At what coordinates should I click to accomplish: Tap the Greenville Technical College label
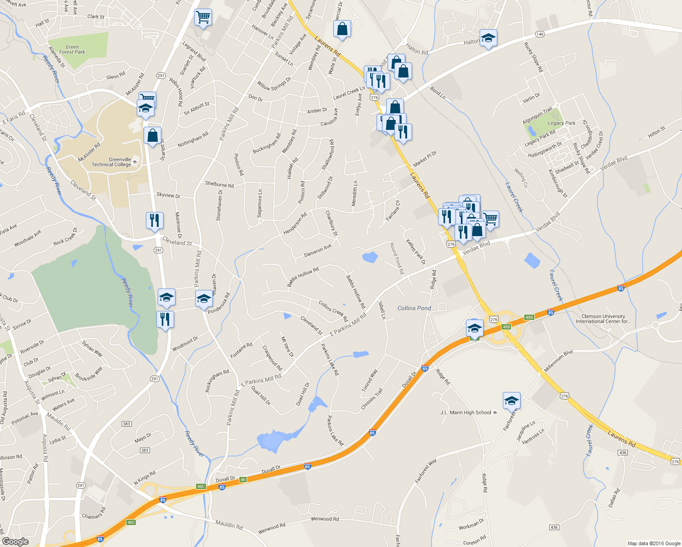pos(112,162)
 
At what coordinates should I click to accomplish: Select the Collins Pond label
pos(414,308)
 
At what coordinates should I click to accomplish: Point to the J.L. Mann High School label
pos(465,413)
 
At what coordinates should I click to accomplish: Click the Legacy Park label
pos(562,123)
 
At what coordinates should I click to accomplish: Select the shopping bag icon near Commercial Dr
pos(342,29)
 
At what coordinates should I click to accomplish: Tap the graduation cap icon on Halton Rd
pos(488,39)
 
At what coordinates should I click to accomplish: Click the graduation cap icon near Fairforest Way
pos(511,401)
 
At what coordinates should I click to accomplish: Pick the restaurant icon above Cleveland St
pos(155,221)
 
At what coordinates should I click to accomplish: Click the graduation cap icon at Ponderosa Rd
pos(204,299)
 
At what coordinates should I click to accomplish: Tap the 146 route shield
pos(540,34)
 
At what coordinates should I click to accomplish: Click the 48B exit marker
pos(529,317)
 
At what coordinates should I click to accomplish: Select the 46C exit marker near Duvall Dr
pos(201,486)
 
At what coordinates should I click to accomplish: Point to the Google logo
pos(15,542)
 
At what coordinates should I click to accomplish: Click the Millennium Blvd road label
pos(558,361)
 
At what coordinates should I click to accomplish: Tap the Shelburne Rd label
pos(219,185)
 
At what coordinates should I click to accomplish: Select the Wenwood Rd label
pos(324,519)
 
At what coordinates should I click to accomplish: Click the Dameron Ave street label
pos(318,251)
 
